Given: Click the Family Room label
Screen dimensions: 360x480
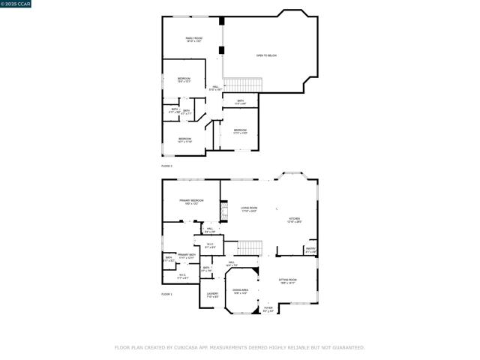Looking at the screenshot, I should click(x=194, y=39).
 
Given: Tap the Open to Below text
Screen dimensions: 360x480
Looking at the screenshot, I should click(x=266, y=55).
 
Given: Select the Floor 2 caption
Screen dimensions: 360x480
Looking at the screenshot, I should click(x=166, y=165).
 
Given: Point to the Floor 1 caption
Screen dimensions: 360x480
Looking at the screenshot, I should click(x=166, y=294).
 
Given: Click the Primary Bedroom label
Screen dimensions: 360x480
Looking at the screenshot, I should click(x=191, y=202).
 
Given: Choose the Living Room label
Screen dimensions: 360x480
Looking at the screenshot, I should click(x=249, y=209).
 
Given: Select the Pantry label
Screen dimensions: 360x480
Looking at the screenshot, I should click(x=310, y=250).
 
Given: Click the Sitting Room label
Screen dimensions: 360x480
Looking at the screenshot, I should click(x=289, y=280).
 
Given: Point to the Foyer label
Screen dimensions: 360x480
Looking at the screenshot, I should click(x=268, y=308).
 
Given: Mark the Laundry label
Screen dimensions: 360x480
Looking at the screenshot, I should click(x=212, y=295).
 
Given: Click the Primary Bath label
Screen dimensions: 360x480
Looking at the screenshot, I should click(x=187, y=256).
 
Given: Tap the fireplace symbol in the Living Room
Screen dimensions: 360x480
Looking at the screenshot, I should click(x=223, y=209).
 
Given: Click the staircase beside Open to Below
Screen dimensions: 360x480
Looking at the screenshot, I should click(x=241, y=85).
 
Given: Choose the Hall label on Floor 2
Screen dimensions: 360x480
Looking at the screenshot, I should click(x=215, y=88).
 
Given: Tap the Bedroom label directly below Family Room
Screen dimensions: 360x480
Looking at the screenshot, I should click(x=184, y=79).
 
